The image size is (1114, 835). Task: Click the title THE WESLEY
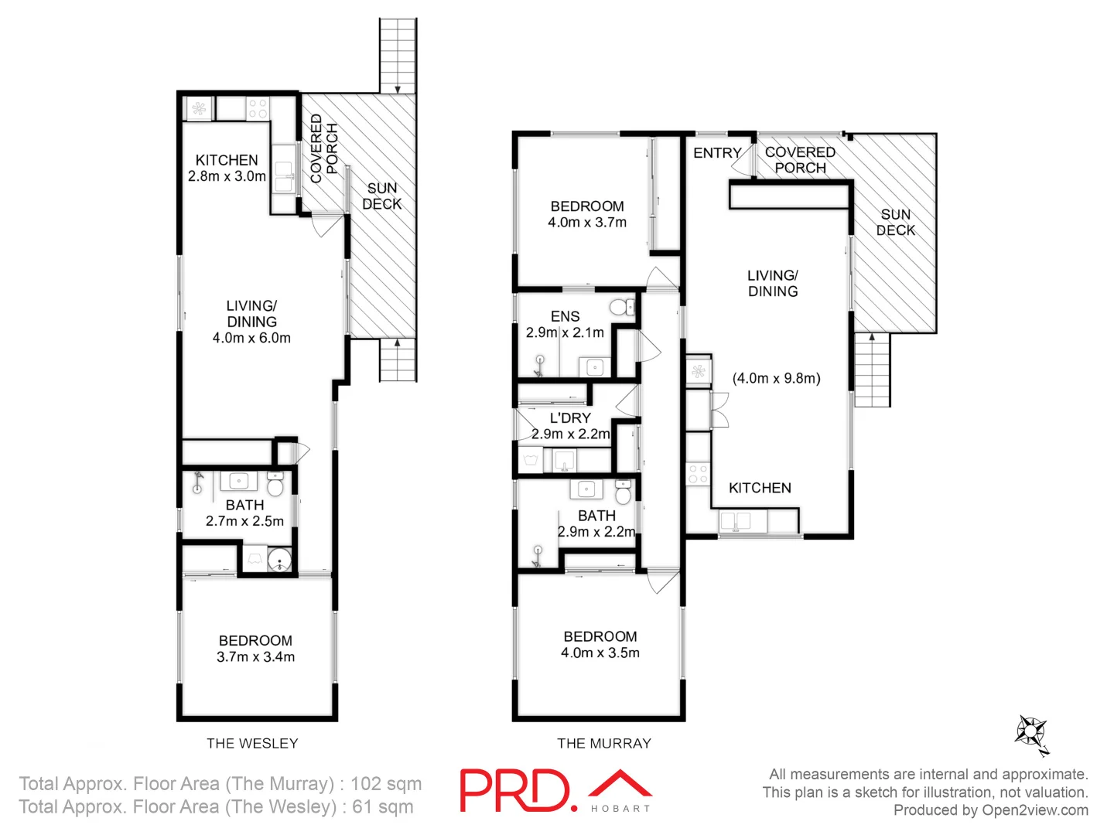(252, 743)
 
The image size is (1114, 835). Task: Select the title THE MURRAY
(604, 743)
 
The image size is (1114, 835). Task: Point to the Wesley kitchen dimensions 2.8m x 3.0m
(227, 176)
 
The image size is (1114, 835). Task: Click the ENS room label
(565, 316)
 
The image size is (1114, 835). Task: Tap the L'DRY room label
(570, 417)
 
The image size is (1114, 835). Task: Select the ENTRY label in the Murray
(717, 153)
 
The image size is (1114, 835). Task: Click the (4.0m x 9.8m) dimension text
(776, 378)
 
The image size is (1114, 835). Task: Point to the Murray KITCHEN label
(760, 488)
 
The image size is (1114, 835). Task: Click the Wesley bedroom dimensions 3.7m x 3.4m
(255, 657)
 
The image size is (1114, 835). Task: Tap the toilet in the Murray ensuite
(620, 307)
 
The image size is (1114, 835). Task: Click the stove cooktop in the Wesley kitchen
(258, 108)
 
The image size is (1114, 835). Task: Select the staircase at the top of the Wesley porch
(398, 56)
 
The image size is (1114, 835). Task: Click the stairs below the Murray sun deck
(873, 370)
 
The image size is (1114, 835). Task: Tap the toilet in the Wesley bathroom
(275, 486)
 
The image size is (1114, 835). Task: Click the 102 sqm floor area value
(386, 783)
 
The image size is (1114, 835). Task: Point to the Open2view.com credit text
(1034, 809)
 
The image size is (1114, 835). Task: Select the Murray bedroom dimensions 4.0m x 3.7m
(587, 223)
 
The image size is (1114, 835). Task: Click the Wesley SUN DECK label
(381, 196)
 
